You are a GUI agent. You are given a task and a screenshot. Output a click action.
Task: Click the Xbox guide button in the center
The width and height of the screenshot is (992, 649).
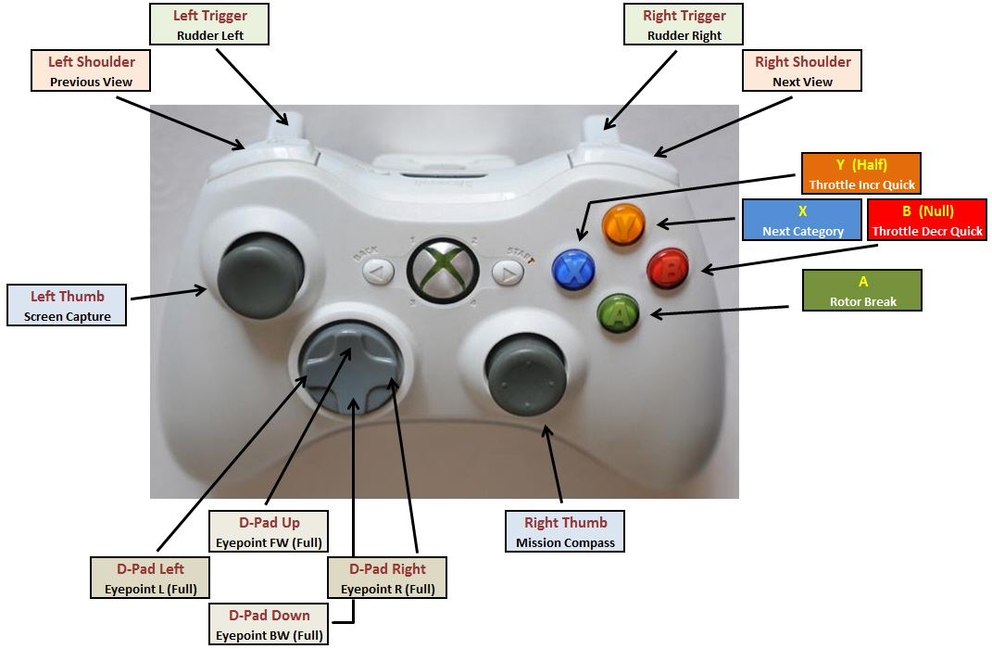coord(443,269)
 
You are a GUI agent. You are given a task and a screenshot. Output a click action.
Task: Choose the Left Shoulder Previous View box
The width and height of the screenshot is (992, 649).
coord(92,71)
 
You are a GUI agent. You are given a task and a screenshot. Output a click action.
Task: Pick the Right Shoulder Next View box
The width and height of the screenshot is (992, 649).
coord(802,71)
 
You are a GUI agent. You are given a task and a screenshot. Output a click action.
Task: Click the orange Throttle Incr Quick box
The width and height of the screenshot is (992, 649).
coord(861,174)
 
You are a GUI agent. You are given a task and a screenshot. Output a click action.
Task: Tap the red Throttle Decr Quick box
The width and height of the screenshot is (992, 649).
coord(927,221)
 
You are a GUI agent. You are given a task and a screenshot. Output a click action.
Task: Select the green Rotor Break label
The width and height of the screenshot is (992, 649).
coord(863,291)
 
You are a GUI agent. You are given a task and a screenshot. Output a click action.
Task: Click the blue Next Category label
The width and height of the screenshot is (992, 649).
coord(802,221)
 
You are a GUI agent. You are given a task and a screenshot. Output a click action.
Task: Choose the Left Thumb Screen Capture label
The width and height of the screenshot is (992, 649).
coord(68,306)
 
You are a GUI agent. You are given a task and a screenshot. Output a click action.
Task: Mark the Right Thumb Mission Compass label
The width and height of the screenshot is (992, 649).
coord(565,532)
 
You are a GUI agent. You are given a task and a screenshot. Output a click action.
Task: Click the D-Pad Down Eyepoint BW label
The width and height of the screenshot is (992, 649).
coord(270,625)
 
